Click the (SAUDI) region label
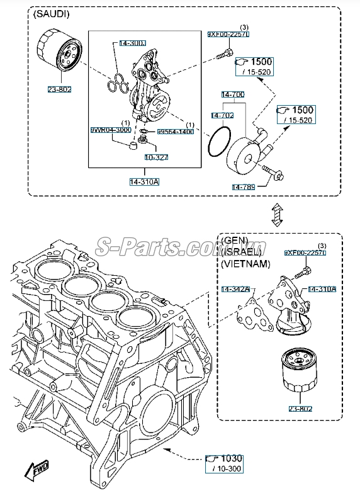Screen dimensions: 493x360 (53, 14)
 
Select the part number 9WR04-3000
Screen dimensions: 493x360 (110, 130)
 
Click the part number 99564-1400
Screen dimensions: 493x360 (175, 132)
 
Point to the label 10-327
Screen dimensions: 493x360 (156, 157)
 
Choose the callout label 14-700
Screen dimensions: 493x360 (232, 94)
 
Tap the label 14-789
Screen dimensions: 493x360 (244, 187)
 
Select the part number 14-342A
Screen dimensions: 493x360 (235, 289)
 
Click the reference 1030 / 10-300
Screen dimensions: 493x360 (225, 463)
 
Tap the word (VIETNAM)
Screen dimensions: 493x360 (245, 263)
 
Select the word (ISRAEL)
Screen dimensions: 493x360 (242, 252)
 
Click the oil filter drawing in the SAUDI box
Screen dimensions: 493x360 (59, 57)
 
